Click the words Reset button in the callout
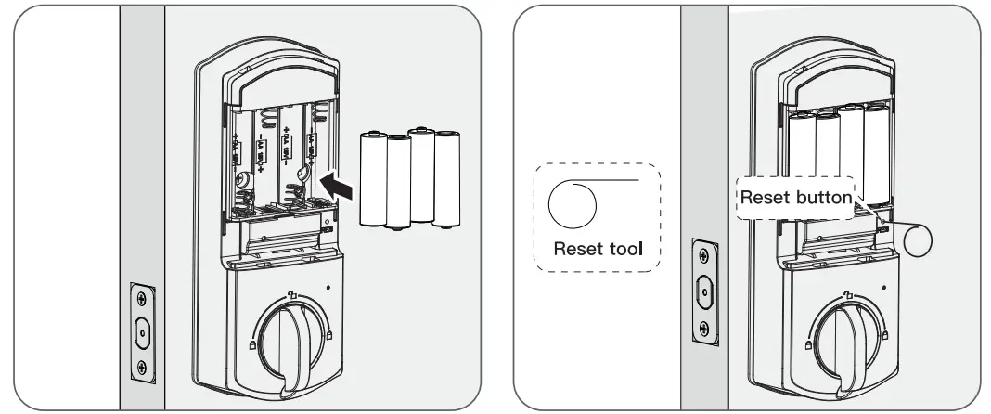click(x=795, y=197)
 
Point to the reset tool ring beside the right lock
click(x=920, y=238)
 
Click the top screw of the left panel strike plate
click(x=140, y=298)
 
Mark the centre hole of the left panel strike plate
click(x=140, y=330)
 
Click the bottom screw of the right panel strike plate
click(x=705, y=327)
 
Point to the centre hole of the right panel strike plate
click(x=705, y=291)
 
